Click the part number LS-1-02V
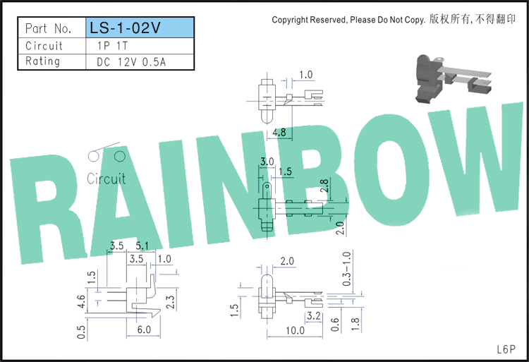click(x=125, y=28)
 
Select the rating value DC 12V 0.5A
click(x=131, y=62)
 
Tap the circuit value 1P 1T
click(x=112, y=46)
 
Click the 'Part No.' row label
click(x=48, y=28)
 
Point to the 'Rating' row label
click(x=43, y=61)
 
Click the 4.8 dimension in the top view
click(x=279, y=132)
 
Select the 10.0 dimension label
click(x=296, y=330)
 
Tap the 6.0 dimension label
click(x=144, y=330)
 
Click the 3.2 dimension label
click(x=314, y=316)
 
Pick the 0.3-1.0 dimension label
click(x=346, y=269)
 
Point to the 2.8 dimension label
click(x=324, y=186)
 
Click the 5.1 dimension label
click(x=142, y=246)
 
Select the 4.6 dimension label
click(x=81, y=301)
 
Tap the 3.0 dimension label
click(x=267, y=162)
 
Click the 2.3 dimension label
click(x=171, y=301)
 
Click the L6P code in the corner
click(x=506, y=349)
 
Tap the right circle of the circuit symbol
click(x=120, y=156)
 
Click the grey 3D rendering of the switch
click(x=453, y=78)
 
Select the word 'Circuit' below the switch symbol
click(x=106, y=179)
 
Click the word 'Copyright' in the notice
click(x=290, y=20)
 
